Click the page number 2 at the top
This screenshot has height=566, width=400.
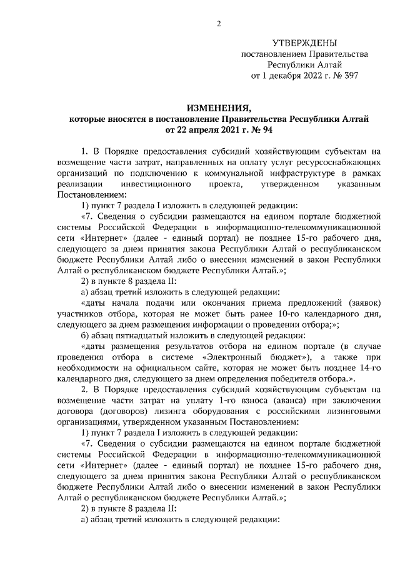pos(219,25)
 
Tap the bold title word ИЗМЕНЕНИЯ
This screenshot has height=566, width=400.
pos(219,108)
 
